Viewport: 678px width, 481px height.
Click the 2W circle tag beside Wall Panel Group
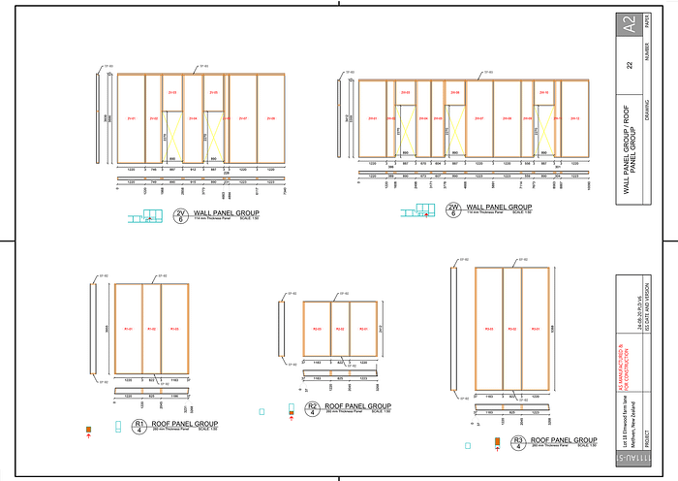pos(453,209)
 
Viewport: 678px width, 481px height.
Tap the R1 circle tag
pos(139,426)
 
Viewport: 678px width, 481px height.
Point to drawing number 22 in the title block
pos(631,65)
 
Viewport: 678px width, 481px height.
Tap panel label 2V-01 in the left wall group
pos(130,119)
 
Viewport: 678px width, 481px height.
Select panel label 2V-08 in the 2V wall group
pos(271,119)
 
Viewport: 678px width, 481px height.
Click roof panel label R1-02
pos(151,331)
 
